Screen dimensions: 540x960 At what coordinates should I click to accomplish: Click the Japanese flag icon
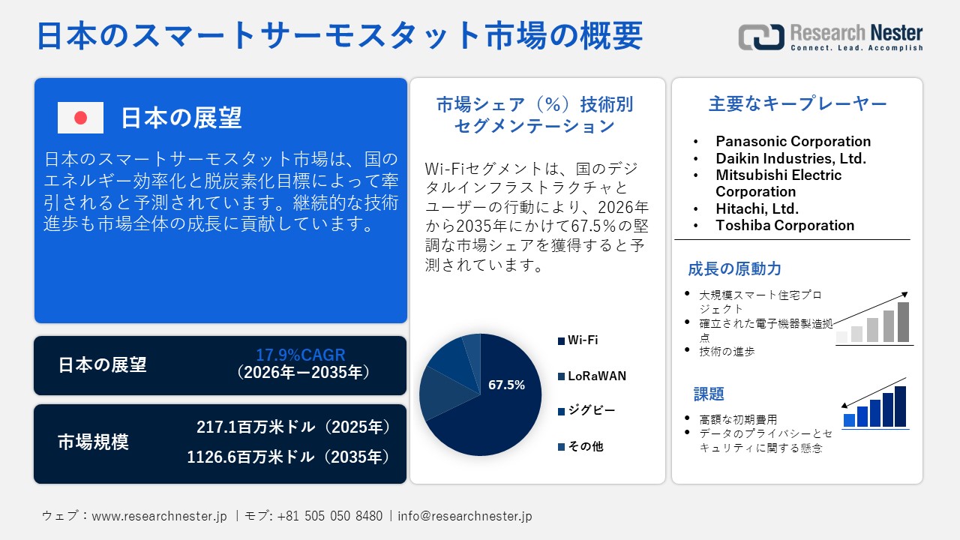[x=80, y=118]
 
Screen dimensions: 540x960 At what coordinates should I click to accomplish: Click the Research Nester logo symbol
[x=760, y=37]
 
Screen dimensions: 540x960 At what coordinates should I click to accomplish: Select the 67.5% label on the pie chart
[x=506, y=385]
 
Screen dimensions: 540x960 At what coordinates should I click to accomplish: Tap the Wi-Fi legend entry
[x=583, y=340]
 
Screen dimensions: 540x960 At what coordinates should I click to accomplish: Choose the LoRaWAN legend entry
[x=596, y=376]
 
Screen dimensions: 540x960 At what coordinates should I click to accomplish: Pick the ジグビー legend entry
[x=591, y=411]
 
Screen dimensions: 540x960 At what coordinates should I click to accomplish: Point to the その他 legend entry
[x=585, y=446]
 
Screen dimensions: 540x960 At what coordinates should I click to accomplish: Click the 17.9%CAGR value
[x=301, y=355]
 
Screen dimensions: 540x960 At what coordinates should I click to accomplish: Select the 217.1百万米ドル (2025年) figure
[x=293, y=427]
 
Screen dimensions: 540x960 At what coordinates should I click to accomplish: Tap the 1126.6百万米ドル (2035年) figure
[x=289, y=457]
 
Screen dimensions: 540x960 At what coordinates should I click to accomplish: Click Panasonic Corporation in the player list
[x=793, y=141]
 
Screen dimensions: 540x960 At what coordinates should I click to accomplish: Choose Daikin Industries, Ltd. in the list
[x=790, y=158]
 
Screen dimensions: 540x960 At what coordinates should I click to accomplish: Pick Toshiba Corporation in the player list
[x=784, y=225]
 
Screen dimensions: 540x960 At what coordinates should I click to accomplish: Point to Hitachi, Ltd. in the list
[x=757, y=208]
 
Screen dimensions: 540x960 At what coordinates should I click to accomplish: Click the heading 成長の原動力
[x=724, y=268]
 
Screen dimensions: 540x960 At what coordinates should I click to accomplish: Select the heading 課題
[x=709, y=394]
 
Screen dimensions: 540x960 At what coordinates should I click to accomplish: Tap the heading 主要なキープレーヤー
[x=797, y=104]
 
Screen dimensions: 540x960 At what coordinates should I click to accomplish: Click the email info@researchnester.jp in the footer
[x=464, y=516]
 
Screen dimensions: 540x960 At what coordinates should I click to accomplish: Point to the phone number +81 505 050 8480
[x=329, y=516]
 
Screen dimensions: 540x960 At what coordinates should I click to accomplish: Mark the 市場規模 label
[x=93, y=442]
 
